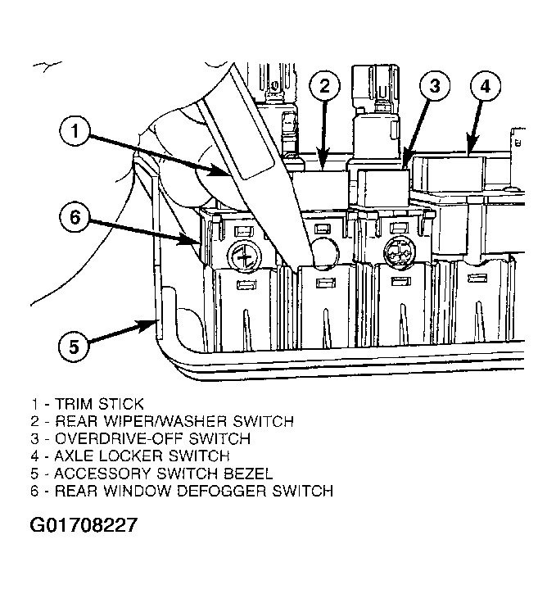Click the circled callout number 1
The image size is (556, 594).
tap(75, 131)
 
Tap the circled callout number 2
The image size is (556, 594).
tap(325, 86)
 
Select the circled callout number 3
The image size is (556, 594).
tap(435, 86)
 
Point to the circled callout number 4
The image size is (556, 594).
tap(486, 86)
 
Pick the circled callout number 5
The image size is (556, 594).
tap(74, 347)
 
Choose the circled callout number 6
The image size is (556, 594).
tap(75, 218)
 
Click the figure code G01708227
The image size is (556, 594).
tap(84, 525)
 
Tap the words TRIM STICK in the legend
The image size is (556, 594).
tap(99, 404)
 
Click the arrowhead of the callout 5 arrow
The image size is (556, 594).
tap(150, 324)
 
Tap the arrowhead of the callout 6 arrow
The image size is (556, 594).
tap(189, 239)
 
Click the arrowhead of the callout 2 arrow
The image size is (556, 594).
tap(323, 161)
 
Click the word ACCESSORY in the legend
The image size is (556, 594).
tap(102, 474)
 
